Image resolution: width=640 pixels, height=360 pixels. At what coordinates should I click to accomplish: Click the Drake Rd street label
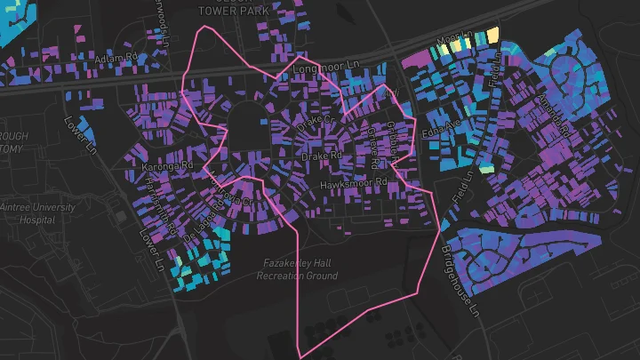click(x=322, y=156)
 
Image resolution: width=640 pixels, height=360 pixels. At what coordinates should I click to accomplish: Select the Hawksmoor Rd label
click(x=355, y=182)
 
